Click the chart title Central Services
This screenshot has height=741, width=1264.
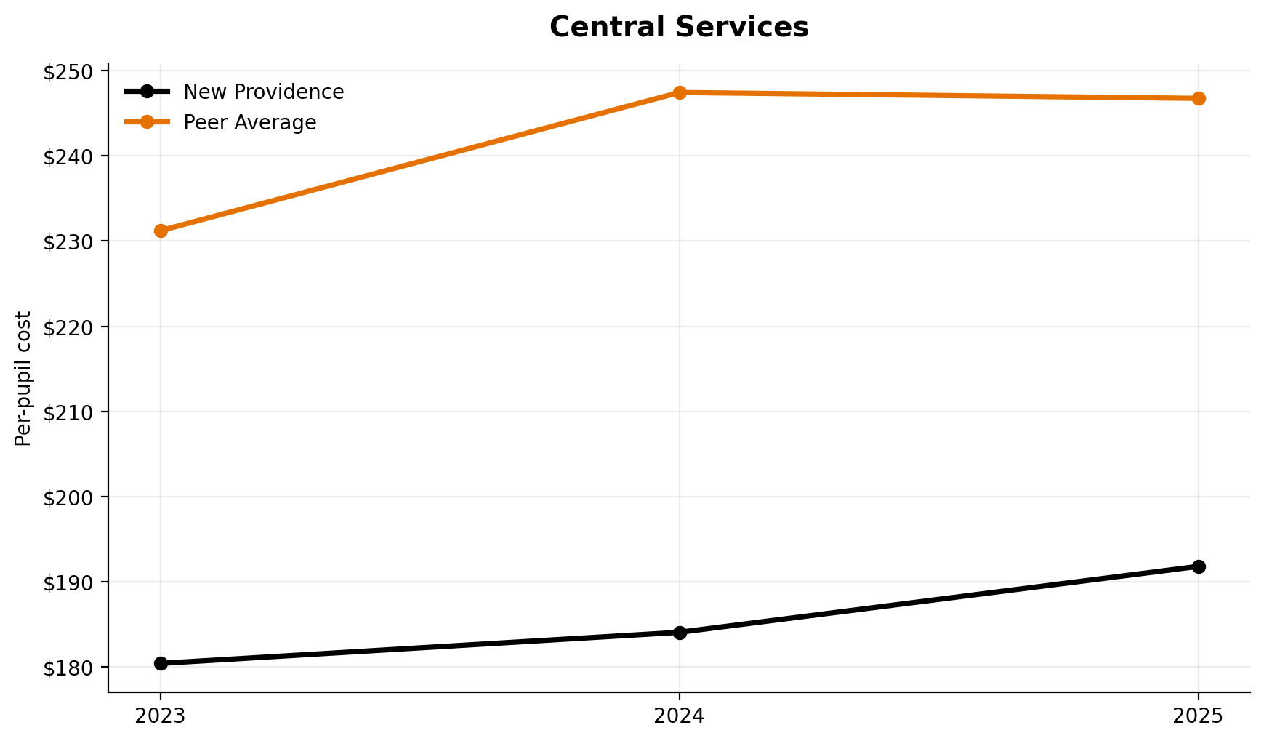pos(679,28)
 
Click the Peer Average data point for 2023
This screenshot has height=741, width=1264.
pos(161,231)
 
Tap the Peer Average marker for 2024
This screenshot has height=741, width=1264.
pos(680,92)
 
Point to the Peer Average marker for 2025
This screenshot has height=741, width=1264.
pos(1199,98)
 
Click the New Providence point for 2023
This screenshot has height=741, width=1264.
pos(161,663)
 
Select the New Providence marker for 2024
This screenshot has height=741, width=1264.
pos(680,633)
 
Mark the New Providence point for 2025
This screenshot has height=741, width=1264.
pos(1199,566)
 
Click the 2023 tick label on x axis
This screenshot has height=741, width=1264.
pos(161,716)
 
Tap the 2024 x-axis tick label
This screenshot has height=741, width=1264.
pos(680,716)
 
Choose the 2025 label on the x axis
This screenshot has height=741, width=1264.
pos(1199,716)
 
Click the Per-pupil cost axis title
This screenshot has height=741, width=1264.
pos(24,378)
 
